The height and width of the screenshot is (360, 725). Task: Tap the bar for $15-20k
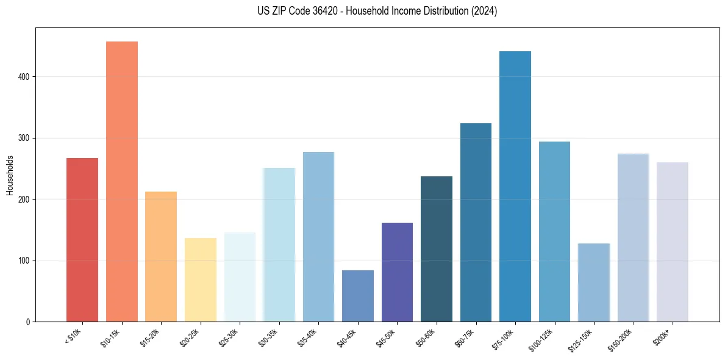(161, 256)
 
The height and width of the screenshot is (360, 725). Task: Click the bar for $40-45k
(358, 296)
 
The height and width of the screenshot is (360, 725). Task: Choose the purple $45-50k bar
(397, 272)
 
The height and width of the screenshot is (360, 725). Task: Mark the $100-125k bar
(554, 231)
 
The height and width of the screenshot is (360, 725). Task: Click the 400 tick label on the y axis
(23, 77)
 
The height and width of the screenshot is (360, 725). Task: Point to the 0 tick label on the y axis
(28, 322)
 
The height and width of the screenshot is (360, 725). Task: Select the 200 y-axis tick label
(23, 200)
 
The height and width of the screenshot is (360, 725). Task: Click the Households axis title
(10, 175)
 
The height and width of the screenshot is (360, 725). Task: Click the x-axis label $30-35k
(269, 338)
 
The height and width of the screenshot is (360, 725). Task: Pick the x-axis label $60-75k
(465, 338)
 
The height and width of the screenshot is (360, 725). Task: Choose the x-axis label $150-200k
(621, 339)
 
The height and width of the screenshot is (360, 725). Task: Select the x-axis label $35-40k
(308, 338)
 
